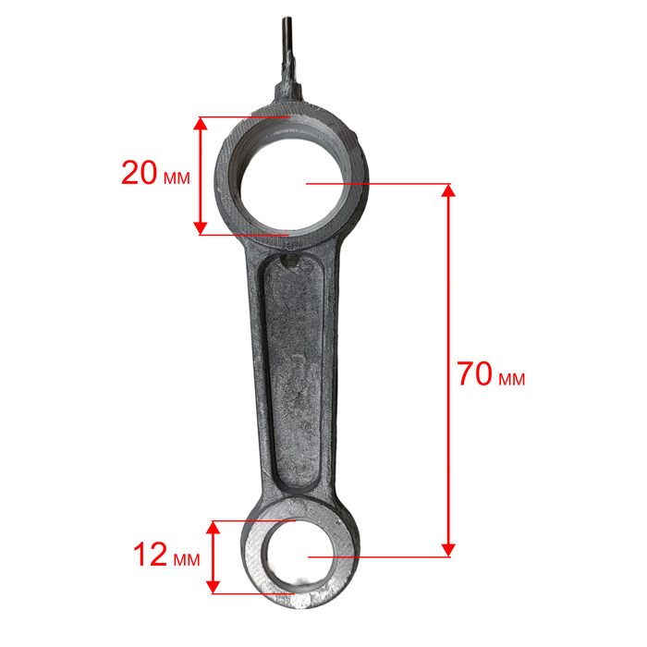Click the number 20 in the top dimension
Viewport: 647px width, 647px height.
139,173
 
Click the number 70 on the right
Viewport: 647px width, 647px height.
475,373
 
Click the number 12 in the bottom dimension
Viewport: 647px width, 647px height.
150,555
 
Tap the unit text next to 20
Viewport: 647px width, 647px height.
177,177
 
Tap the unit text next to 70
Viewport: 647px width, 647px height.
512,379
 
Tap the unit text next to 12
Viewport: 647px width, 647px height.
187,559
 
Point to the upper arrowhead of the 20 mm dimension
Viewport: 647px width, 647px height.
201,123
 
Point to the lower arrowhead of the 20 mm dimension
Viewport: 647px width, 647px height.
201,228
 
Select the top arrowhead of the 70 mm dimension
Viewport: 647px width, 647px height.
448,190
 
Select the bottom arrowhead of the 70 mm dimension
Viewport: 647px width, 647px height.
448,550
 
